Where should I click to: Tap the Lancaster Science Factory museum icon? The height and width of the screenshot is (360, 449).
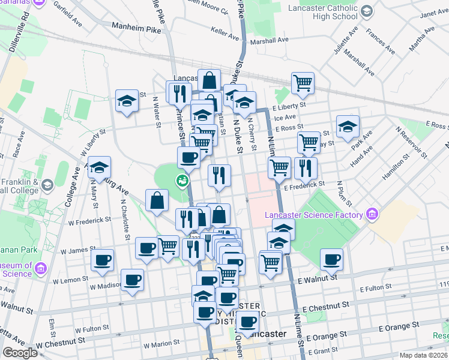[372, 214]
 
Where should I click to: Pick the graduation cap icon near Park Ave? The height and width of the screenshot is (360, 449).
[348, 127]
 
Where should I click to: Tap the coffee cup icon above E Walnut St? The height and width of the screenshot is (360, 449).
[331, 259]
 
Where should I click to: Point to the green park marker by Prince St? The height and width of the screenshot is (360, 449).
[181, 179]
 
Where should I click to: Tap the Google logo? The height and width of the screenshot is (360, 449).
[20, 353]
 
